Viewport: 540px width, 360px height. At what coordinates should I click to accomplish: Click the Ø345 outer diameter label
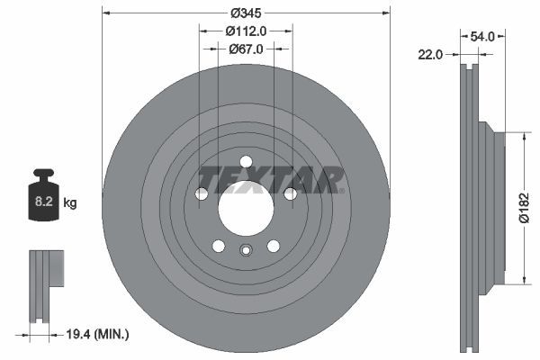(246, 13)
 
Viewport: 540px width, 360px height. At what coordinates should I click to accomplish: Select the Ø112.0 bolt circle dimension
(246, 31)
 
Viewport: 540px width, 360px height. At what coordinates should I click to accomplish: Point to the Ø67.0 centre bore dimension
(246, 49)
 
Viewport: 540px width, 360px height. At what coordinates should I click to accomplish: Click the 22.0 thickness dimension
(432, 54)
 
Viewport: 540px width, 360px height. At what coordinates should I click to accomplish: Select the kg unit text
(70, 203)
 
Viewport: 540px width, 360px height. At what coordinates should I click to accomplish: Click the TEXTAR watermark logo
(271, 180)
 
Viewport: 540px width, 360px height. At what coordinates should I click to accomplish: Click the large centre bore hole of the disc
(246, 210)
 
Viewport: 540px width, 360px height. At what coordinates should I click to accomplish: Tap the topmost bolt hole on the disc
(246, 163)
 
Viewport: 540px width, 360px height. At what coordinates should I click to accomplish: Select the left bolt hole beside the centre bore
(202, 193)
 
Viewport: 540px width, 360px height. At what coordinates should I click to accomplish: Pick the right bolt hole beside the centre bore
(290, 193)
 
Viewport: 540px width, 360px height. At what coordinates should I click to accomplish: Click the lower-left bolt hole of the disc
(218, 246)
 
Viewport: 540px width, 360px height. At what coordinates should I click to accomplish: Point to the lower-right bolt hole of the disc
(274, 246)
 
